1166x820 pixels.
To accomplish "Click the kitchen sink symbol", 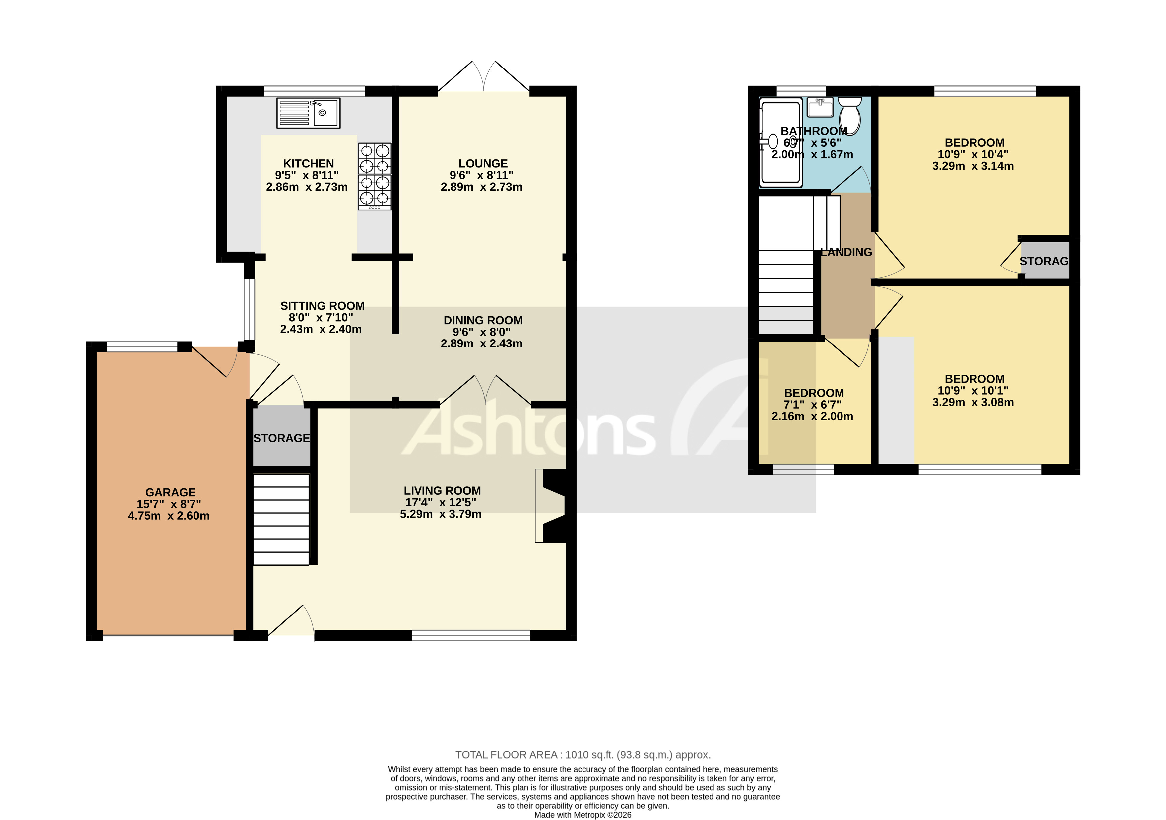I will pyautogui.click(x=308, y=113).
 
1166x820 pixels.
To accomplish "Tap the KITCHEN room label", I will pyautogui.click(x=308, y=164).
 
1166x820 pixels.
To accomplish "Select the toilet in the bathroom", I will pyautogui.click(x=849, y=115).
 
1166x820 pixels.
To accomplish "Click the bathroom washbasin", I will pyautogui.click(x=820, y=107).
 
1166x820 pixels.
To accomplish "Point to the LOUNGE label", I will pyautogui.click(x=483, y=164).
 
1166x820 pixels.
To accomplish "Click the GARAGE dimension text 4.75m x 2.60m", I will pyautogui.click(x=169, y=516).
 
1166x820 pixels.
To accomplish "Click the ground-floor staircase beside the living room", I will pyautogui.click(x=281, y=519).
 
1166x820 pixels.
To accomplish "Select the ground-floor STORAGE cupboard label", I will pyautogui.click(x=281, y=438).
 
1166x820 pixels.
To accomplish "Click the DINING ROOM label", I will pyautogui.click(x=483, y=320).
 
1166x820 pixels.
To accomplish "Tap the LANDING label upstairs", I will pyautogui.click(x=846, y=252).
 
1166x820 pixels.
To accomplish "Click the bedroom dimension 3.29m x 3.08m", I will pyautogui.click(x=972, y=402).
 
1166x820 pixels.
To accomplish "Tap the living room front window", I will pyautogui.click(x=471, y=635).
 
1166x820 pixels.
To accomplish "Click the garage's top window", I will pyautogui.click(x=142, y=347).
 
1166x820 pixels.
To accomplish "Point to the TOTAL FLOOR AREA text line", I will pyautogui.click(x=583, y=755).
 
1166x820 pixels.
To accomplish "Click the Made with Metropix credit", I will pyautogui.click(x=583, y=815).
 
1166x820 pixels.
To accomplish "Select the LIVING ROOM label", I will pyautogui.click(x=442, y=491).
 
